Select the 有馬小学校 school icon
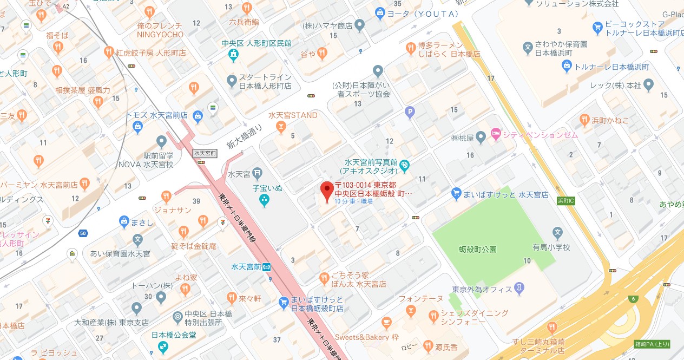pos(557,233)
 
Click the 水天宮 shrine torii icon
pos(258,174)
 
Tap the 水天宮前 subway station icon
pos(267,267)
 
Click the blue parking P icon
pos(410,112)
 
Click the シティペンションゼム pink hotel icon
pos(495,134)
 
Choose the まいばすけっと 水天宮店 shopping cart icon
pos(456,193)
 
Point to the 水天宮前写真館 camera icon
pos(405,165)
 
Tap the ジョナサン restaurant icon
pos(166,196)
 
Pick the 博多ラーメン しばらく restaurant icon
pos(411,49)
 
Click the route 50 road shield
pos(83,233)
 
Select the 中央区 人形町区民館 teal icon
pos(233,55)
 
